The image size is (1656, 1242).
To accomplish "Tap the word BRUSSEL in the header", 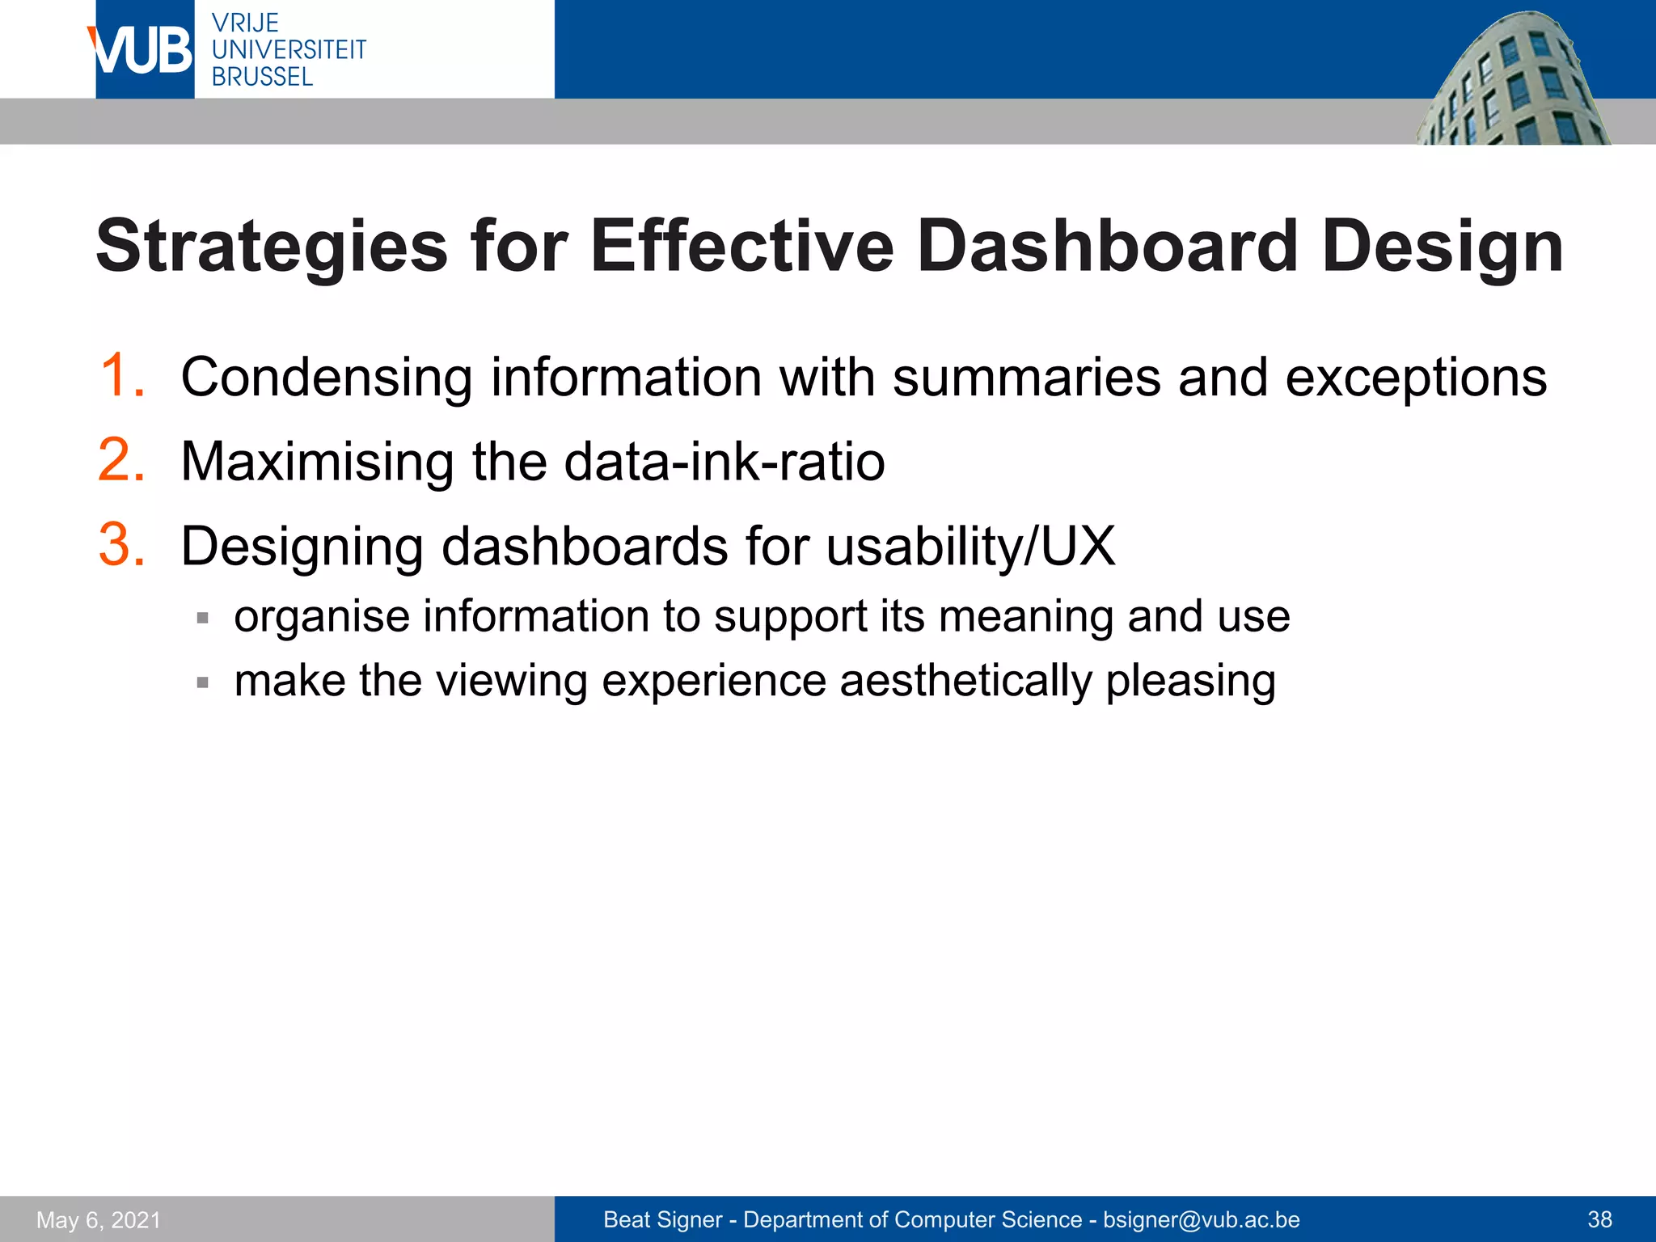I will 262,78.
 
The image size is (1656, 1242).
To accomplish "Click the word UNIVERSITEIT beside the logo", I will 289,50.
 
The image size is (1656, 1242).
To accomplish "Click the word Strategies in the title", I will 272,247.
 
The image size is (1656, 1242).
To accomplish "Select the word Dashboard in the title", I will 1107,247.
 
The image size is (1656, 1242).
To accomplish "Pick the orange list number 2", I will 121,461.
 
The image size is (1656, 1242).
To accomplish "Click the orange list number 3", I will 121,545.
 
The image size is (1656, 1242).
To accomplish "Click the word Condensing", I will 327,378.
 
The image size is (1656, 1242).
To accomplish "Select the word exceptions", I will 1415,378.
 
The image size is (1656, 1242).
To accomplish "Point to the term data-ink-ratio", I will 724,463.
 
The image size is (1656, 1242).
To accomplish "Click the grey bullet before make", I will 203,683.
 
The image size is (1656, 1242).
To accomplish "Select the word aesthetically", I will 965,682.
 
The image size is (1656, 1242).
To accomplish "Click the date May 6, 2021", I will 99,1220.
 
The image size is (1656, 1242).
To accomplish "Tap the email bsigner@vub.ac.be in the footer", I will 1202,1220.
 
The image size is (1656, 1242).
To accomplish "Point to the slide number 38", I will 1599,1220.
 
